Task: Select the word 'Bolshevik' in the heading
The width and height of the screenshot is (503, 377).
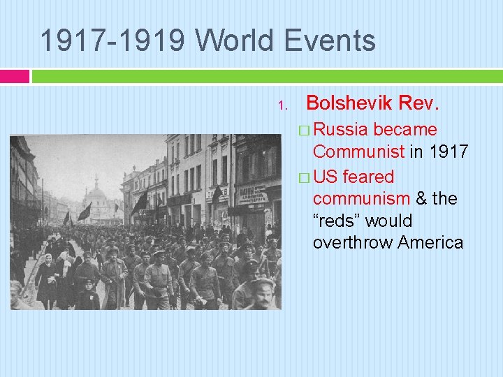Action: pos(349,104)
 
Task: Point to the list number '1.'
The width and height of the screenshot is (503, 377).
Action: pos(282,106)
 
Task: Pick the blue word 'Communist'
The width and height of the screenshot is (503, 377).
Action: pos(358,151)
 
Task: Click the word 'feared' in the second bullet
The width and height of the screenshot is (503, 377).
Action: pos(368,177)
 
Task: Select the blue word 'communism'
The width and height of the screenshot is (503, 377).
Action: pos(361,199)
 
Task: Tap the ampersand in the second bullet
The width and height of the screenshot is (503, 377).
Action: pos(421,199)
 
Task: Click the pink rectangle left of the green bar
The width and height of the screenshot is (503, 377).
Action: pos(15,76)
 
